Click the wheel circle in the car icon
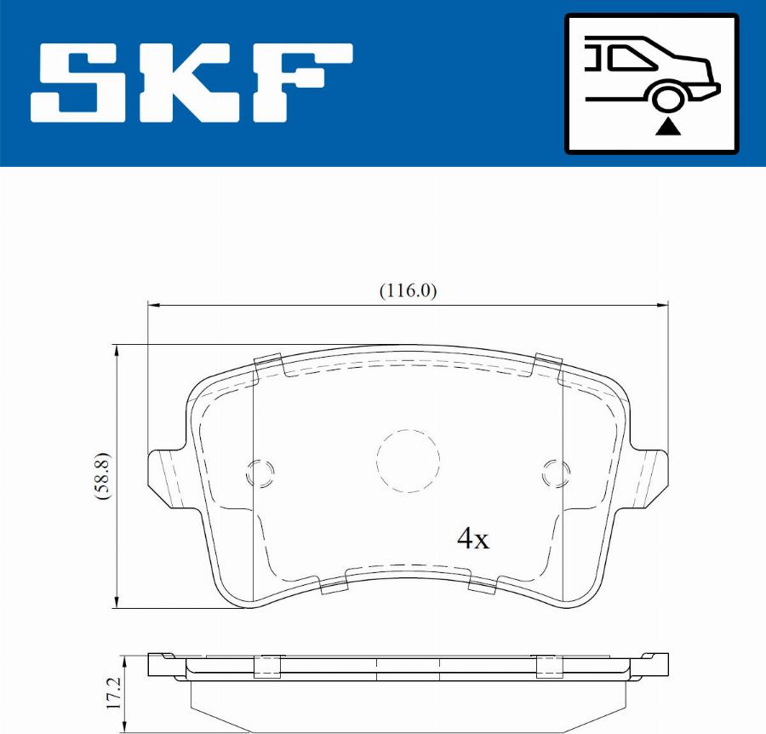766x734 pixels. [669, 97]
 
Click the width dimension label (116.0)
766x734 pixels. [408, 291]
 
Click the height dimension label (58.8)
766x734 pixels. [103, 476]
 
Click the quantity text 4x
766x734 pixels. [473, 538]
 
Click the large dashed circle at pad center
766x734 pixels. [409, 461]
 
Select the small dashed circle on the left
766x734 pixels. [260, 473]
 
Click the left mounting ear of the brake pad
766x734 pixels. [167, 478]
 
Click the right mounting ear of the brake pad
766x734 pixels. [650, 478]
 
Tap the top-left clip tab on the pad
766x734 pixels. [269, 365]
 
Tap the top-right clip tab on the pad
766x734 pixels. [547, 365]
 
